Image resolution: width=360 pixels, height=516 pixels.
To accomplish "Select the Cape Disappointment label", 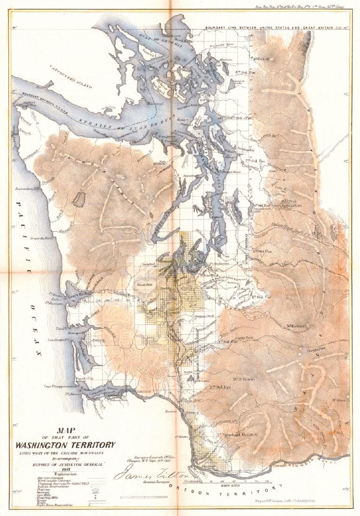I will click(x=60, y=386).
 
